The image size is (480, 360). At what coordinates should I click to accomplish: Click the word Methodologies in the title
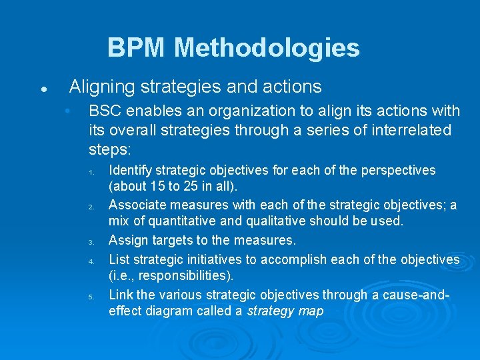pos(267,48)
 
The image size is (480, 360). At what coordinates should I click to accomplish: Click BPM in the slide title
pos(137,48)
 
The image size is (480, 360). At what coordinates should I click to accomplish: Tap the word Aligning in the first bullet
pos(99,87)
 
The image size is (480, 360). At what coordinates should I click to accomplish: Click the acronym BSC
pos(105,110)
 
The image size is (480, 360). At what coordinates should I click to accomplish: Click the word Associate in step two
pos(137,205)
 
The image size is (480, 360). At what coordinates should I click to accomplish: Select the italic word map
pos(310,311)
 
